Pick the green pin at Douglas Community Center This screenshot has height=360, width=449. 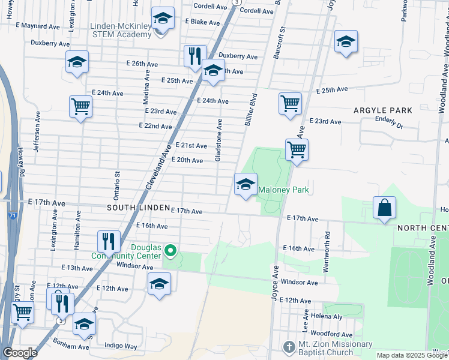170,250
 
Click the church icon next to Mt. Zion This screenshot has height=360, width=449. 289,347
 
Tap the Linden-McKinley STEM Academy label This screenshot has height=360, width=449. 121,30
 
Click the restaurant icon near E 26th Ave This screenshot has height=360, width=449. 194,56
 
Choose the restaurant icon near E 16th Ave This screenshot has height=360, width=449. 109,241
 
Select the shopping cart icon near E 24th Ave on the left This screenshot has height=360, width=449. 80,107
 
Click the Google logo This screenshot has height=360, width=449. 20,353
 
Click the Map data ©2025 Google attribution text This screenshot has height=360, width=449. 411,355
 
